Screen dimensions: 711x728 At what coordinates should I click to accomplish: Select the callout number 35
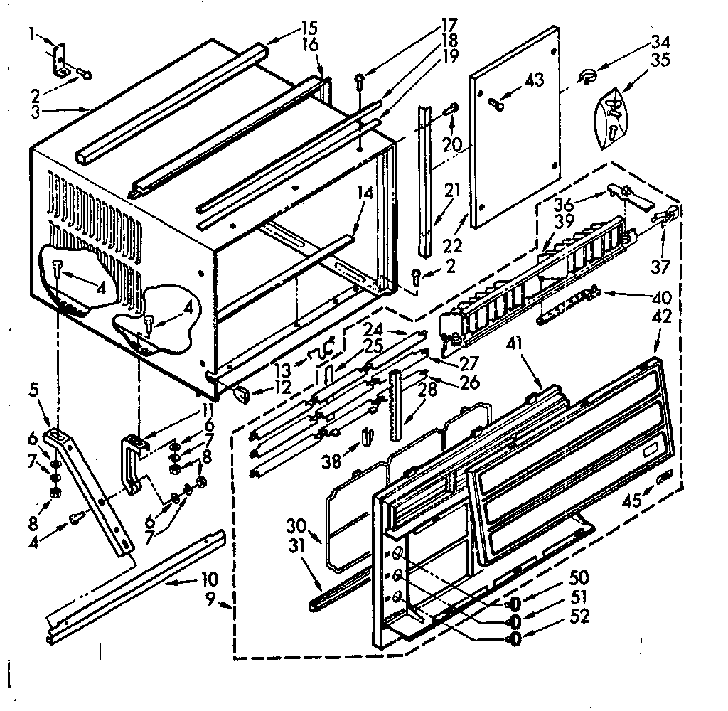point(660,60)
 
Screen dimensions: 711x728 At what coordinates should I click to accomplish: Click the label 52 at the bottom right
point(580,616)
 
